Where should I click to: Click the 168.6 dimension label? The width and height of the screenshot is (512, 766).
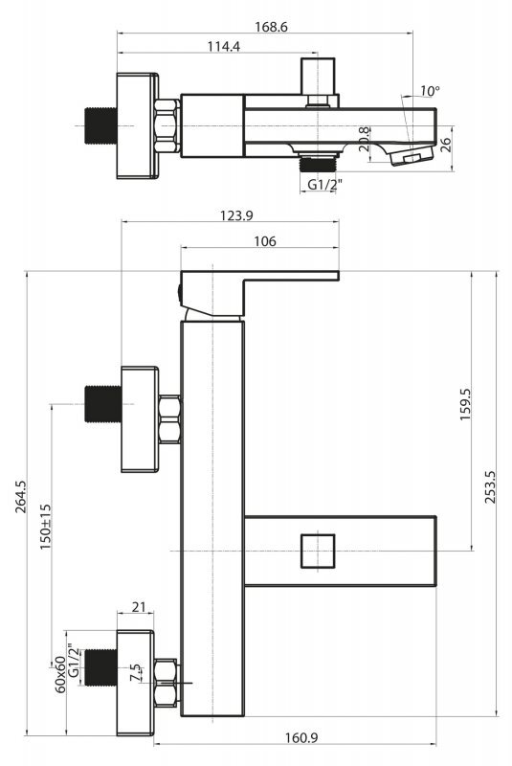(271, 27)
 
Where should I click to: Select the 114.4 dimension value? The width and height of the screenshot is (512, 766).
(224, 46)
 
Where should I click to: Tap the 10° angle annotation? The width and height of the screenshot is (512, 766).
(430, 91)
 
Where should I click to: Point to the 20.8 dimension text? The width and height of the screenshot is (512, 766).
(364, 139)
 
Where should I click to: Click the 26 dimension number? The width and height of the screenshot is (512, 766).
(446, 146)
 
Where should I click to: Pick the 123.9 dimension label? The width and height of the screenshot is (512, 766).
(236, 215)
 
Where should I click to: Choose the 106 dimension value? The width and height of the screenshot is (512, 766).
(265, 241)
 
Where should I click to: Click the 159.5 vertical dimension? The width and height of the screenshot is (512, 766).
(465, 404)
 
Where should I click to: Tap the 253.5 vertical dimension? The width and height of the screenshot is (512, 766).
(490, 487)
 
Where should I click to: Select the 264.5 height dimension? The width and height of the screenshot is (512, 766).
(21, 496)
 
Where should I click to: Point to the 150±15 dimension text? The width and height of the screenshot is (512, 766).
(45, 527)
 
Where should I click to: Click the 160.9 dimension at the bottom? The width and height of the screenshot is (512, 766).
(301, 737)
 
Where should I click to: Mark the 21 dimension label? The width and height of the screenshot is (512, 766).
(139, 607)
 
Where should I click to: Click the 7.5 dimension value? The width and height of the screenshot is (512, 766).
(136, 672)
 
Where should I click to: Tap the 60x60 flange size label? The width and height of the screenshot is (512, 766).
(60, 674)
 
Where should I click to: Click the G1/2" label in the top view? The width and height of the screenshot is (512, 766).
(324, 185)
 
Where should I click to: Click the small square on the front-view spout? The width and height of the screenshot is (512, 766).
(318, 552)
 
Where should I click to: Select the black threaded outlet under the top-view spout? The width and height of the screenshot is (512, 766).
(319, 163)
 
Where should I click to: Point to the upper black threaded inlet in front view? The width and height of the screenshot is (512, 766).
(103, 404)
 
